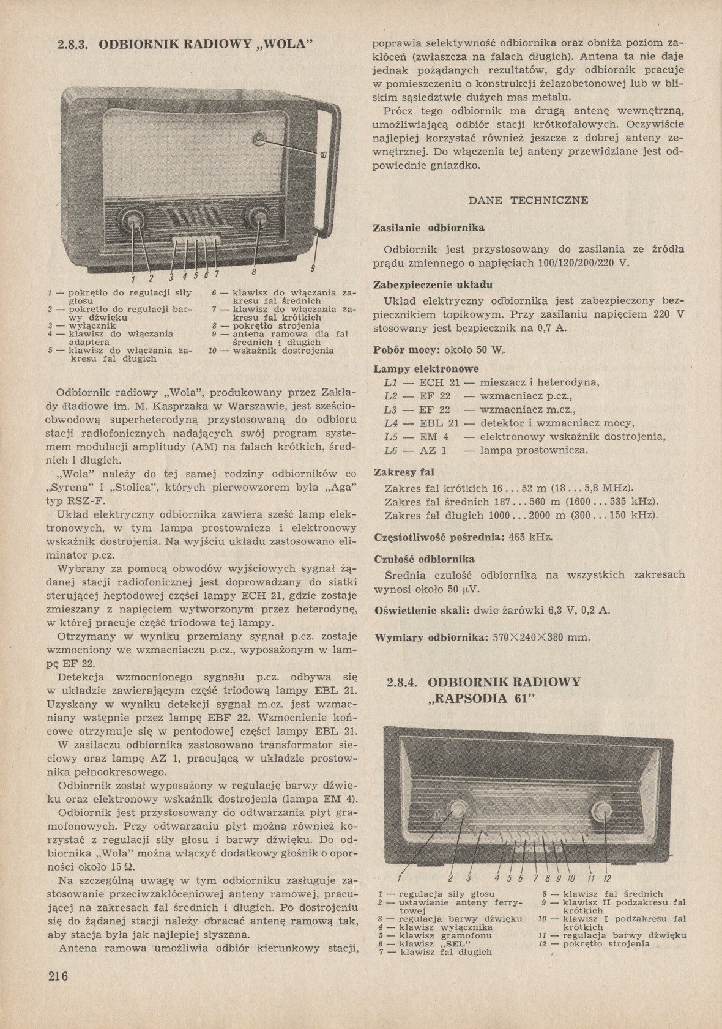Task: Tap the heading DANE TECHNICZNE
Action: (528, 200)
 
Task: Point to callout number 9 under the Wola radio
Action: (312, 268)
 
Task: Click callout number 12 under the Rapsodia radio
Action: (606, 879)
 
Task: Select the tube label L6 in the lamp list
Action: (392, 451)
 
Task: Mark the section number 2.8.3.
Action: (73, 45)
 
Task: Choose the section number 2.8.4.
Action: (403, 683)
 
